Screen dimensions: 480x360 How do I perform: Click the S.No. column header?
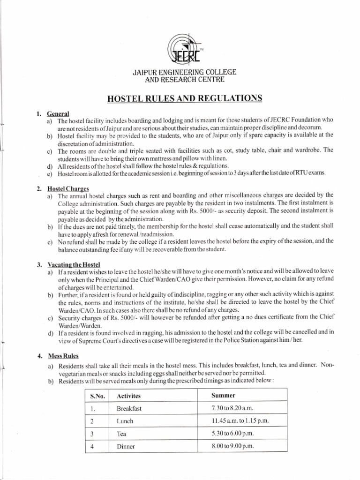pyautogui.click(x=96, y=397)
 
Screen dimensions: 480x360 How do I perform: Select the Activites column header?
pyautogui.click(x=131, y=397)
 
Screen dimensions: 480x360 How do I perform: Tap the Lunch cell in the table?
pyautogui.click(x=125, y=421)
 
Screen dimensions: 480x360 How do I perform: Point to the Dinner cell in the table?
pyautogui.click(x=126, y=447)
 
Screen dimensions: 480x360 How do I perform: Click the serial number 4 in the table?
pyautogui.click(x=93, y=447)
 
